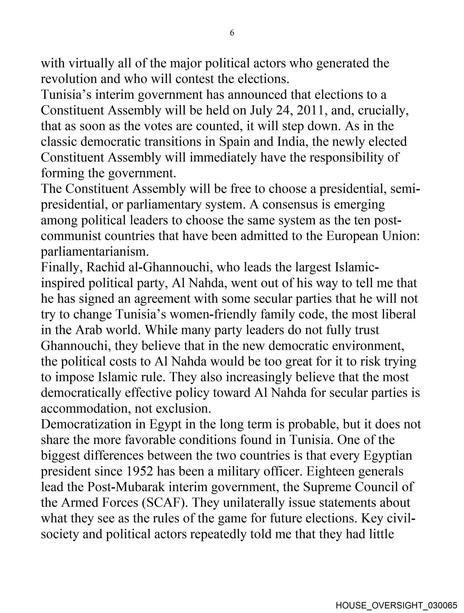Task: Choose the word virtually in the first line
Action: click(91, 64)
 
